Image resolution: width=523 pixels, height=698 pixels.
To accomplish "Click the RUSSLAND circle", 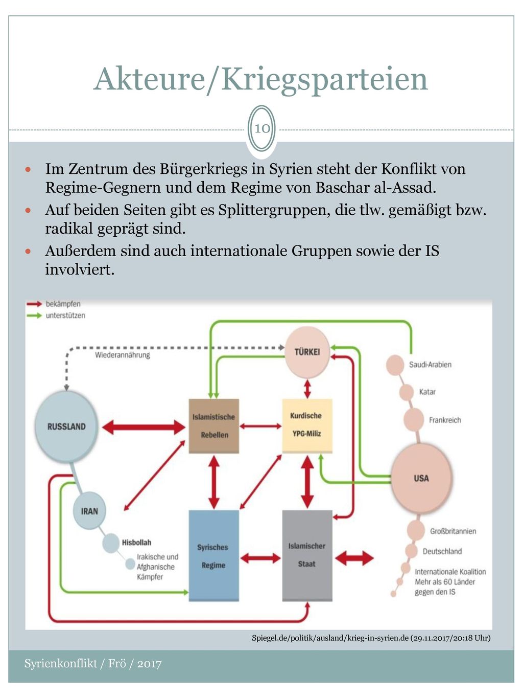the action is pyautogui.click(x=66, y=426).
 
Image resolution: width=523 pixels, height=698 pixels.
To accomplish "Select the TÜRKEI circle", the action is pyautogui.click(x=307, y=352).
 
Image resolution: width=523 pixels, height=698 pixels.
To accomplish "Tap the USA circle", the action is pyautogui.click(x=421, y=478).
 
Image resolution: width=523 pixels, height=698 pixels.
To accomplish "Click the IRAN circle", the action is pyautogui.click(x=89, y=511).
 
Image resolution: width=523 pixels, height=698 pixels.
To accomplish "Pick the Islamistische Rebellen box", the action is pyautogui.click(x=213, y=426).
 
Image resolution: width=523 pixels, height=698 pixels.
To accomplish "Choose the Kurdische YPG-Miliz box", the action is pyautogui.click(x=307, y=425).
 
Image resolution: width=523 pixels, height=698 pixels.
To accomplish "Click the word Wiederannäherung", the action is pyautogui.click(x=123, y=355).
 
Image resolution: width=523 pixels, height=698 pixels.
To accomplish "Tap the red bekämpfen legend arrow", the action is pyautogui.click(x=34, y=304).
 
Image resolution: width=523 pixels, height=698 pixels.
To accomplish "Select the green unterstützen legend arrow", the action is pyautogui.click(x=34, y=316).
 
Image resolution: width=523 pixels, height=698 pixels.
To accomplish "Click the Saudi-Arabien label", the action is pyautogui.click(x=430, y=365).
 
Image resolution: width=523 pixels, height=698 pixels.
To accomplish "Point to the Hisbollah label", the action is pyautogui.click(x=136, y=543).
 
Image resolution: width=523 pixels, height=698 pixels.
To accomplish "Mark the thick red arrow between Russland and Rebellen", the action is pyautogui.click(x=144, y=426).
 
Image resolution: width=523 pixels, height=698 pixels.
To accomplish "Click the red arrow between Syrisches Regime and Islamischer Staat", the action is pyautogui.click(x=260, y=558).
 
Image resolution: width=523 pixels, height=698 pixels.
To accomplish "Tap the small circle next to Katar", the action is pyautogui.click(x=406, y=392).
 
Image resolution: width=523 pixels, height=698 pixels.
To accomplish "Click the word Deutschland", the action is pyautogui.click(x=442, y=551).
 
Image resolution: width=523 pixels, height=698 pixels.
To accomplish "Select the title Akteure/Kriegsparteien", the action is pyautogui.click(x=260, y=79).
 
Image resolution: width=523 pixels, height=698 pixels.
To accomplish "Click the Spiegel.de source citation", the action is pyautogui.click(x=371, y=638).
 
